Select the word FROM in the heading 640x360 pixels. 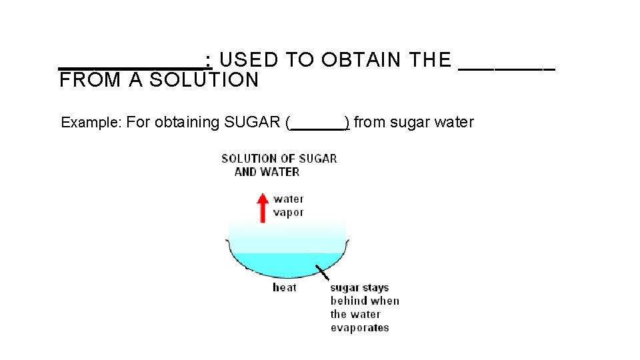[90, 80]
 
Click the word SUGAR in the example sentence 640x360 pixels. [253, 123]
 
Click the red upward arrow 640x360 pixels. [263, 207]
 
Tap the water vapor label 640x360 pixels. [289, 205]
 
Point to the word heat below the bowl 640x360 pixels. [285, 287]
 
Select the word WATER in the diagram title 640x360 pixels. [280, 172]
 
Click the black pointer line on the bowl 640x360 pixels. [322, 273]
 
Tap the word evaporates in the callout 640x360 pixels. [359, 327]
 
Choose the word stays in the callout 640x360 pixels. [376, 288]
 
